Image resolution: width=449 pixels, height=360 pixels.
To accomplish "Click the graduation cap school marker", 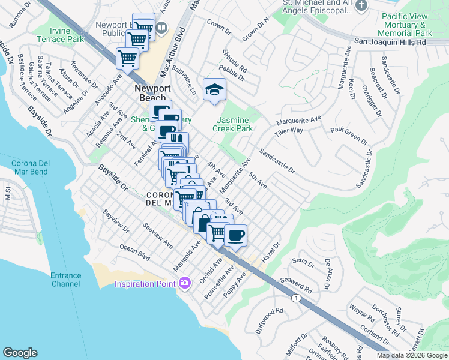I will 214,91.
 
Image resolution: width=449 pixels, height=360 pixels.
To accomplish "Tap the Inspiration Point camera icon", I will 184,282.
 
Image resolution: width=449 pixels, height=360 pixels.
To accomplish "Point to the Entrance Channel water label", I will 65,279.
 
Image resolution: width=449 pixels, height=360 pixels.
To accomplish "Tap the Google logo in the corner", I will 20,352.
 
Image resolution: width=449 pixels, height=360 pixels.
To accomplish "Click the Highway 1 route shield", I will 295,298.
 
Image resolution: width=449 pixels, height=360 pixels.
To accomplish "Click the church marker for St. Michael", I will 361,7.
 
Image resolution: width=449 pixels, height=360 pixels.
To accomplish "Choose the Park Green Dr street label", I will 349,135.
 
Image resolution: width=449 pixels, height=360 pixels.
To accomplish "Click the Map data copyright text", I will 411,355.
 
